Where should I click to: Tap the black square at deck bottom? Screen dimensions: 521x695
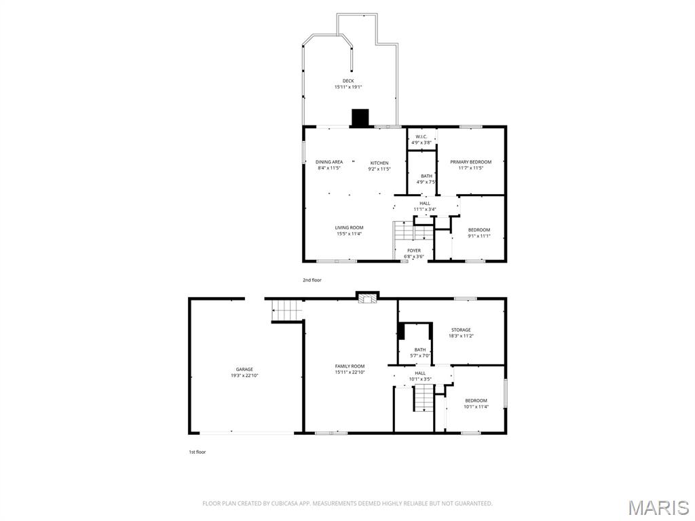point(360,118)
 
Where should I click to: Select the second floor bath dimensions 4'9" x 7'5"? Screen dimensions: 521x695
point(426,182)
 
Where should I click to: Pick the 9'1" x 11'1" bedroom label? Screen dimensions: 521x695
point(478,233)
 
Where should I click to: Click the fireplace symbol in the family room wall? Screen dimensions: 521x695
point(368,297)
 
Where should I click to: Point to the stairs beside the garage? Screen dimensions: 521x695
point(286,312)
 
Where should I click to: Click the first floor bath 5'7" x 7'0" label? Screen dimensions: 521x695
point(420,353)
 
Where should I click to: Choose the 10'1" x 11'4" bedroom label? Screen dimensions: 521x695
point(476,404)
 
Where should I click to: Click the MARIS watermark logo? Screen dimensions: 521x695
point(658,507)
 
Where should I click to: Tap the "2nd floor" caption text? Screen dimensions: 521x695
point(312,279)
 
